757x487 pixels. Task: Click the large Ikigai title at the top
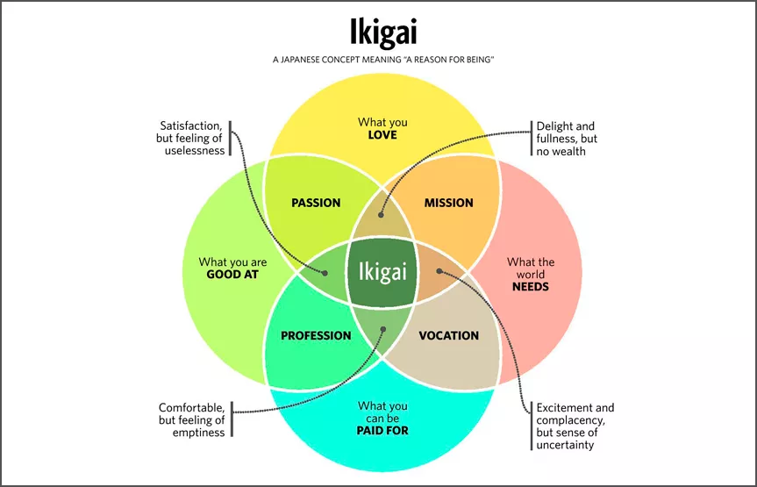[x=382, y=32]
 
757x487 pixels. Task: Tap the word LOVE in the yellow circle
[x=382, y=135]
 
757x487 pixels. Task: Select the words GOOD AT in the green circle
[x=232, y=275]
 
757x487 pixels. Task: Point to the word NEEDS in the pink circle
[x=531, y=287]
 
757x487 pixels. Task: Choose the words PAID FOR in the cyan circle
[x=382, y=431]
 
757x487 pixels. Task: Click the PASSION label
[x=316, y=203]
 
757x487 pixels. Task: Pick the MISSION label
[x=448, y=203]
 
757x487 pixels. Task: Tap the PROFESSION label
[x=316, y=336]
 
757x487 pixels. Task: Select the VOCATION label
[x=448, y=336]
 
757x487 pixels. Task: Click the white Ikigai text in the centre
[x=382, y=272]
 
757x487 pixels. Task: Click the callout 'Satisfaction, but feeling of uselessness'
[x=190, y=138]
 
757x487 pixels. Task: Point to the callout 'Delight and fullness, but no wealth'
[x=567, y=139]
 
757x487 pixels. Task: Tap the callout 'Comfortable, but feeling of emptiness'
[x=192, y=419]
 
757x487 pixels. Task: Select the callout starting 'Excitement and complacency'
[x=575, y=426]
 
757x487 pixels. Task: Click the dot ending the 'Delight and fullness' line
[x=381, y=215]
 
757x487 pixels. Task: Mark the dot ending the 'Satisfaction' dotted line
[x=325, y=273]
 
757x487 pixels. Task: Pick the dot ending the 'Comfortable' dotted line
[x=382, y=330]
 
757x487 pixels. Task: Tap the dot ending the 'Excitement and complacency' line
[x=439, y=271]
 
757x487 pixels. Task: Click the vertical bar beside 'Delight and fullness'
[x=532, y=139]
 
